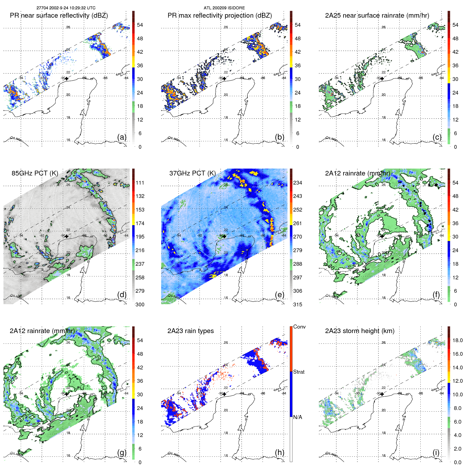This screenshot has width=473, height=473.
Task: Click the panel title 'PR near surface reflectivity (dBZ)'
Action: pyautogui.click(x=59, y=15)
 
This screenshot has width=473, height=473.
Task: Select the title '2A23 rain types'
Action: pyautogui.click(x=190, y=331)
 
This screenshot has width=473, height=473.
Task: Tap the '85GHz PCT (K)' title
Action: pyautogui.click(x=35, y=173)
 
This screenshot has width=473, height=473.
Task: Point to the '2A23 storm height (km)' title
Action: pyautogui.click(x=359, y=331)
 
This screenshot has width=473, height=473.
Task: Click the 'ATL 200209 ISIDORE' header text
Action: pyautogui.click(x=224, y=8)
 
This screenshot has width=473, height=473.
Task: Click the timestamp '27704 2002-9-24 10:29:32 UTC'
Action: pyautogui.click(x=66, y=8)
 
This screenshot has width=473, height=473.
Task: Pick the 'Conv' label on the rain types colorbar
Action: pyautogui.click(x=299, y=327)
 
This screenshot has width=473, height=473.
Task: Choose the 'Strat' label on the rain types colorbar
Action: pyautogui.click(x=299, y=372)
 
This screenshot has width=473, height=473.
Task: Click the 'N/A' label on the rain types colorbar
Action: pyautogui.click(x=298, y=417)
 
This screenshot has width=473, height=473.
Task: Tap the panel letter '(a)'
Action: pyautogui.click(x=122, y=137)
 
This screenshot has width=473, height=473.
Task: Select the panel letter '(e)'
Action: pyautogui.click(x=279, y=295)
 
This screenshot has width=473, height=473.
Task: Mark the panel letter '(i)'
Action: pyautogui.click(x=436, y=452)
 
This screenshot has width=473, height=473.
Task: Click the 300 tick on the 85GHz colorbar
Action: pyautogui.click(x=140, y=304)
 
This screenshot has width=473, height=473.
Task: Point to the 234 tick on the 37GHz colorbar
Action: pyautogui.click(x=298, y=183)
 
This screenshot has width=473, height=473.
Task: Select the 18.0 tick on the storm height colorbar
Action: pyautogui.click(x=458, y=340)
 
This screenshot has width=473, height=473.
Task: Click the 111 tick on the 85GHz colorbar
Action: pyautogui.click(x=140, y=183)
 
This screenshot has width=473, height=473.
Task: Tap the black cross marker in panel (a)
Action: pyautogui.click(x=67, y=79)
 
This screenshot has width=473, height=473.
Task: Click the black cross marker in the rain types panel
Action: pyautogui.click(x=224, y=394)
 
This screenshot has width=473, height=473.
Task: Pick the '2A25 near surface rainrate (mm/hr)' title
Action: pyautogui.click(x=377, y=15)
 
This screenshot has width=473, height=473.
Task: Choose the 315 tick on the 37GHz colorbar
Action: pyautogui.click(x=298, y=304)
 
